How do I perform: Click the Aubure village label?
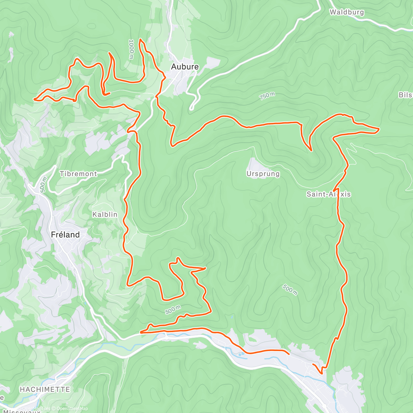pyautogui.click(x=185, y=67)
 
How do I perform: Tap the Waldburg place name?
pyautogui.click(x=347, y=12)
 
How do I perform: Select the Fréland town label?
pyautogui.click(x=65, y=235)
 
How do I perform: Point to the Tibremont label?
pyautogui.click(x=78, y=174)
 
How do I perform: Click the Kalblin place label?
pyautogui.click(x=105, y=214)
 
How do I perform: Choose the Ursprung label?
pyautogui.click(x=263, y=174)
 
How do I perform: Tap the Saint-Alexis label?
pyautogui.click(x=328, y=194)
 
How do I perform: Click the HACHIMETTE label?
pyautogui.click(x=45, y=390)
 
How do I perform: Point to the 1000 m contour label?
pyautogui.click(x=131, y=49)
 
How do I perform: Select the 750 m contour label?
pyautogui.click(x=267, y=96)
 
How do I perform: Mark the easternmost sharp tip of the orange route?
pyautogui.click(x=379, y=129)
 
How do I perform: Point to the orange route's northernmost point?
pyautogui.click(x=140, y=40)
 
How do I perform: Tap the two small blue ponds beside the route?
pyautogui.click(x=240, y=353)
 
